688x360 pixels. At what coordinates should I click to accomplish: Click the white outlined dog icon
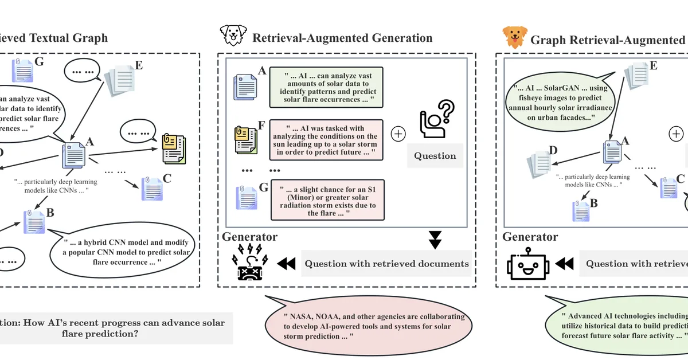[x=233, y=36]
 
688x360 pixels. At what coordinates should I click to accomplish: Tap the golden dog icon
[x=514, y=37]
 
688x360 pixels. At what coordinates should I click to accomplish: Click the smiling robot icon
[x=528, y=264]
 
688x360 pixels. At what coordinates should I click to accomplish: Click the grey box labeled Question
[x=435, y=155]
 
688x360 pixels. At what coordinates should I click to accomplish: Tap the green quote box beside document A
[x=327, y=87]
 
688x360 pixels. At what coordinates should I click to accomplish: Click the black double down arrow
[x=435, y=240]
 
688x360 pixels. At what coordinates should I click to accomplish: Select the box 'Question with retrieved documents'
[x=386, y=264]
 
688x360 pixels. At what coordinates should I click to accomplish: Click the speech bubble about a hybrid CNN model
[x=124, y=252]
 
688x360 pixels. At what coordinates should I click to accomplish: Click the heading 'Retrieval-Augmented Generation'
[x=342, y=38]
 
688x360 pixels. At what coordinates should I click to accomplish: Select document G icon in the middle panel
[x=246, y=198]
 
